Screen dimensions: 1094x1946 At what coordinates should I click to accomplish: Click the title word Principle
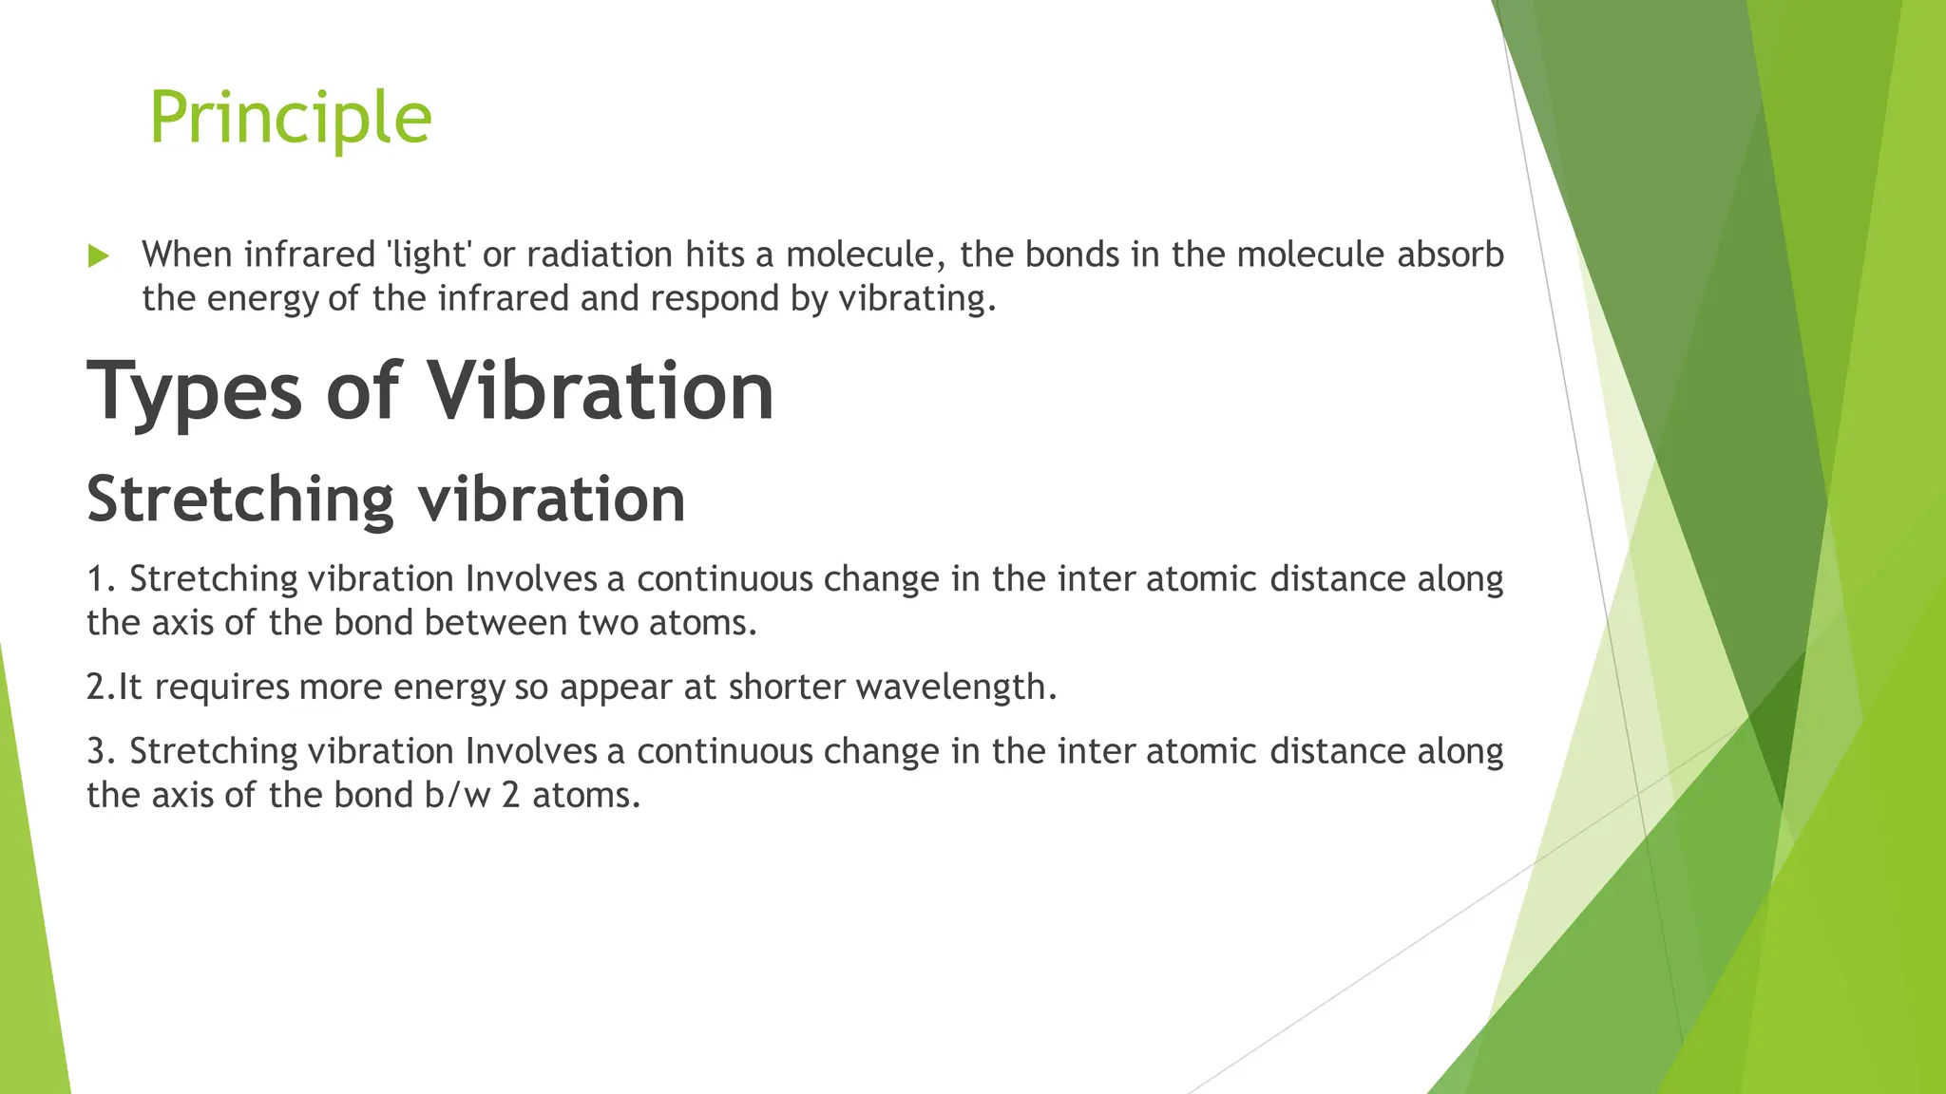point(290,117)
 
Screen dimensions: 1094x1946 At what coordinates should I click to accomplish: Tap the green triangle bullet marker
point(98,255)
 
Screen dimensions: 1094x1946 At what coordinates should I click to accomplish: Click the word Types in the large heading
point(195,391)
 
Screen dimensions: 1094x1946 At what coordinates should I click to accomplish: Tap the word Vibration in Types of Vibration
point(601,391)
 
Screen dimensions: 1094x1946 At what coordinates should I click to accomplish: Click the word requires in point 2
point(222,687)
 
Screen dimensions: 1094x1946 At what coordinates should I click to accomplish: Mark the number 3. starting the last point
point(101,751)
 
